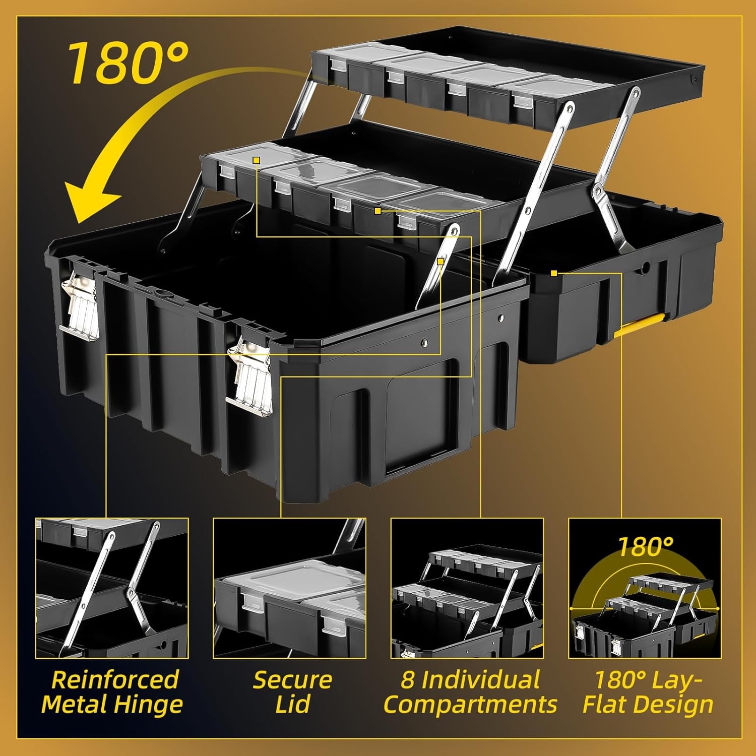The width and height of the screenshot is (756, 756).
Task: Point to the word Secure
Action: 292,680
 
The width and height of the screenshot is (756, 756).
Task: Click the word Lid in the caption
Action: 293,704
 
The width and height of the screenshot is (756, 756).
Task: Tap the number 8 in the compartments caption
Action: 407,680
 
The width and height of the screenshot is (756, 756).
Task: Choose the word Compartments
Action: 470,705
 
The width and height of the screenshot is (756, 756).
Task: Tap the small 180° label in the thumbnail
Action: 646,547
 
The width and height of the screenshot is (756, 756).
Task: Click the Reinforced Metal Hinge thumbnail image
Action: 112,588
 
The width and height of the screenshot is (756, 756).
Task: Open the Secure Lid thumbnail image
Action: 289,588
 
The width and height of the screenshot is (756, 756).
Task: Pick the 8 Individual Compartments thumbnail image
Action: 467,588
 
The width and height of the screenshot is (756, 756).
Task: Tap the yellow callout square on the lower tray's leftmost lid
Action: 256,160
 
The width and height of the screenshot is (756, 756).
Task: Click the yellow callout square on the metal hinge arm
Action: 440,262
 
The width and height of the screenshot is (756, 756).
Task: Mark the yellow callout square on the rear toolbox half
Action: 554,273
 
